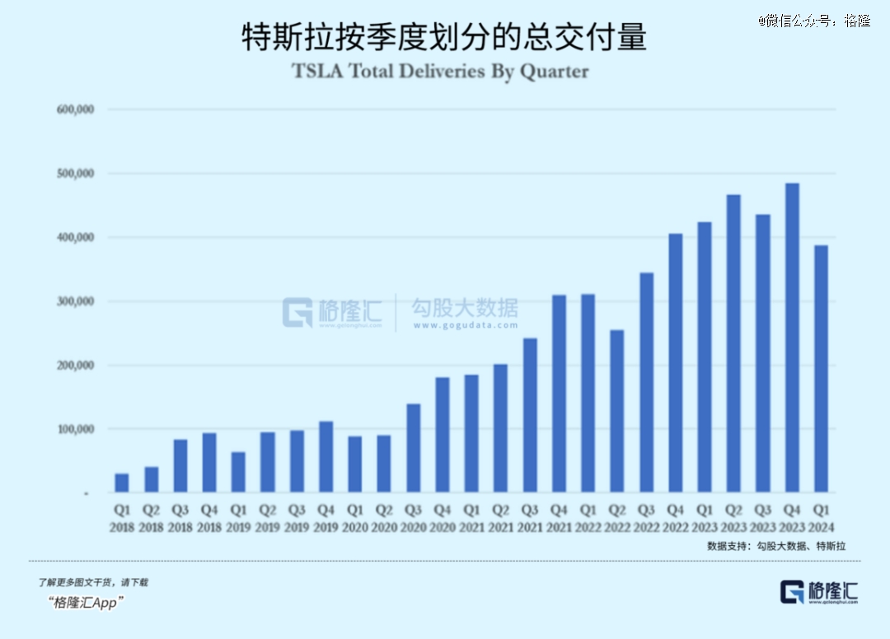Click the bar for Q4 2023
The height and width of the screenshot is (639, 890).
click(x=792, y=338)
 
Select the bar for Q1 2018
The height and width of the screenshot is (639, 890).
click(x=122, y=483)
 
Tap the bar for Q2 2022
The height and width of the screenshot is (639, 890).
click(x=616, y=411)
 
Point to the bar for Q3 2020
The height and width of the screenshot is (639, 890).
click(x=414, y=448)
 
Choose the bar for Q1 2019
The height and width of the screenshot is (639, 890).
click(x=239, y=472)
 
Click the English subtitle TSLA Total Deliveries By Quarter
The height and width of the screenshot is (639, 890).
click(x=441, y=71)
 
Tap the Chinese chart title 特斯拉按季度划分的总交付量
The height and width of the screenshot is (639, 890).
click(x=444, y=37)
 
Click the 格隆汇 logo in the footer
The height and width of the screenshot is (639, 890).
click(x=819, y=591)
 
